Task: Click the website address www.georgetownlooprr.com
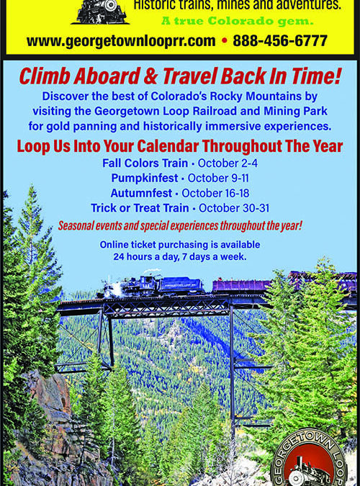(121, 41)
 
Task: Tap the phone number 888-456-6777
(280, 40)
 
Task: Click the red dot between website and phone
(225, 40)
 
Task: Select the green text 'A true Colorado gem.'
(237, 21)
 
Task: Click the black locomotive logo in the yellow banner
(100, 12)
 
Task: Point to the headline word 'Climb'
(45, 76)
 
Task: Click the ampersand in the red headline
(150, 76)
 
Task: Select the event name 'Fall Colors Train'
(145, 163)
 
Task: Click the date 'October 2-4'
(228, 163)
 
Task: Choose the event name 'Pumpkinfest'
(145, 179)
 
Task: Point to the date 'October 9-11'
(218, 179)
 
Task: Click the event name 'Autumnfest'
(141, 193)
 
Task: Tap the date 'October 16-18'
(215, 193)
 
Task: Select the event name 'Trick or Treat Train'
(140, 208)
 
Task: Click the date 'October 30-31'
(234, 208)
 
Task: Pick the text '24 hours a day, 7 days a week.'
(180, 257)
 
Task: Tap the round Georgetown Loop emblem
(309, 458)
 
